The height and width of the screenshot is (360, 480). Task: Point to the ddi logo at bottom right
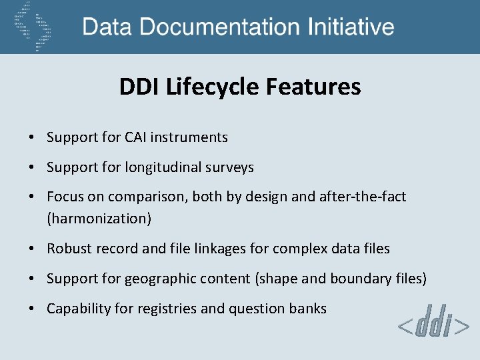pos(433,325)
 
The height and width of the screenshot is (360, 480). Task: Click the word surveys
pos(232,167)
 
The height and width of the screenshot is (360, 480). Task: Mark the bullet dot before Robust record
pos(31,249)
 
